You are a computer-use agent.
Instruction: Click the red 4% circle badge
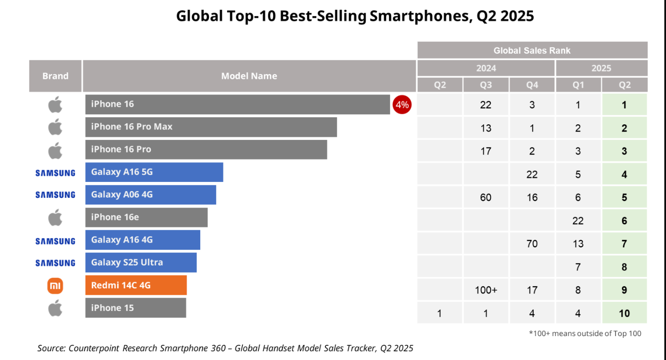pos(402,105)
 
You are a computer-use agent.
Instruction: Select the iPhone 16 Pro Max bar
pos(211,127)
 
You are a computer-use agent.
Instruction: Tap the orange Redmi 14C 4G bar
pos(136,285)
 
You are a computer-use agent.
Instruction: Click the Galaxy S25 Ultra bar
pos(141,263)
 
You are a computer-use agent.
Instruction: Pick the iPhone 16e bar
pos(146,217)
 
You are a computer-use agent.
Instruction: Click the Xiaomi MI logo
pos(55,286)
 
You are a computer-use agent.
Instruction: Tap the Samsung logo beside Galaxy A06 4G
pos(55,195)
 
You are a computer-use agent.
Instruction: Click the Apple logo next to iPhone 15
pos(55,308)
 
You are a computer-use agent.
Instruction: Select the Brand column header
pos(55,76)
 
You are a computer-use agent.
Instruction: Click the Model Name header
pos(249,76)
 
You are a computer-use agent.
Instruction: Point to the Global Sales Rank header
pos(532,50)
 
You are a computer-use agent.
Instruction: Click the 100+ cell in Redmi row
pos(486,290)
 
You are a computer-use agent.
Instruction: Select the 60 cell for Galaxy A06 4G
pos(486,197)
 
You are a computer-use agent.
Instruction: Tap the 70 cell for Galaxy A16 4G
pos(532,244)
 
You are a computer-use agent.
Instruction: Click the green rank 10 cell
pos(624,313)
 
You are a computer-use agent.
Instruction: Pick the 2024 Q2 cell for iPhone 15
pos(439,313)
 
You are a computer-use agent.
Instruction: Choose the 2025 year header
pos(601,68)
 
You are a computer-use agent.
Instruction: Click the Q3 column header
pos(486,85)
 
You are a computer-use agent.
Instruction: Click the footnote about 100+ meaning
pos(585,334)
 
